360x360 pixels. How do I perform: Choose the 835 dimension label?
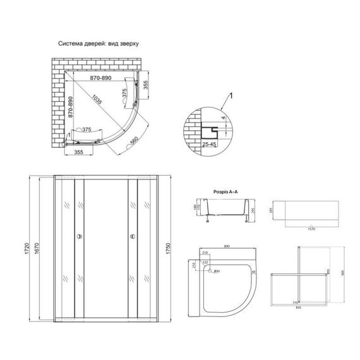[299, 308]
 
